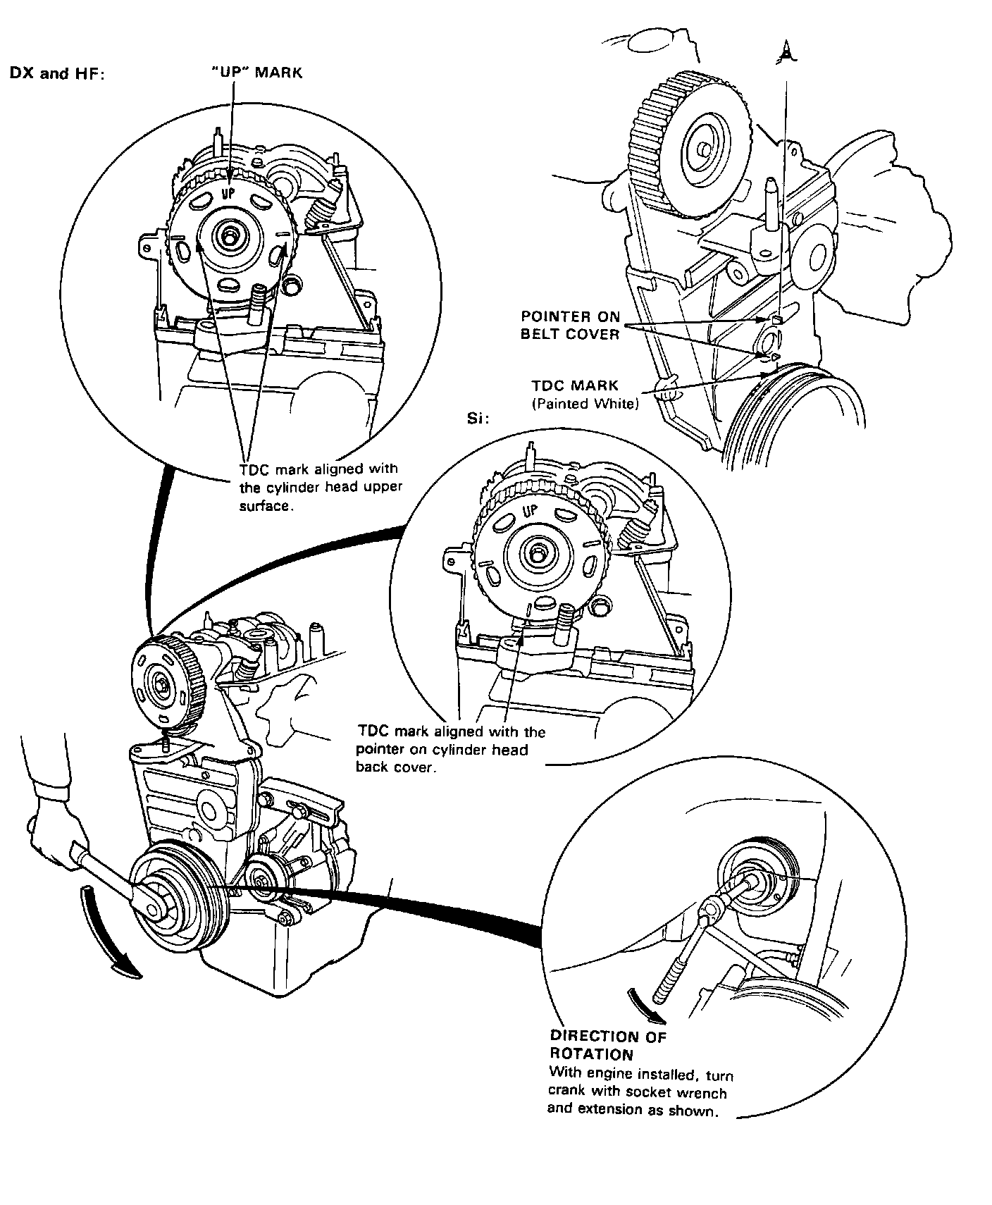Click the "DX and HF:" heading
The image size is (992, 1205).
[x=56, y=73]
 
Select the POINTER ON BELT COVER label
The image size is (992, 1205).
[x=570, y=325]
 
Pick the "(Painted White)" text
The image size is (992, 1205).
[x=585, y=404]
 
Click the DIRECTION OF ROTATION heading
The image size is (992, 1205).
[x=607, y=1046]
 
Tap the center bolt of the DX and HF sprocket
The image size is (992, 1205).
[x=230, y=235]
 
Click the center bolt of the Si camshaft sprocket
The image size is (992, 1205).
[x=538, y=554]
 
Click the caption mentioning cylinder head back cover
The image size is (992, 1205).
[x=451, y=749]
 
